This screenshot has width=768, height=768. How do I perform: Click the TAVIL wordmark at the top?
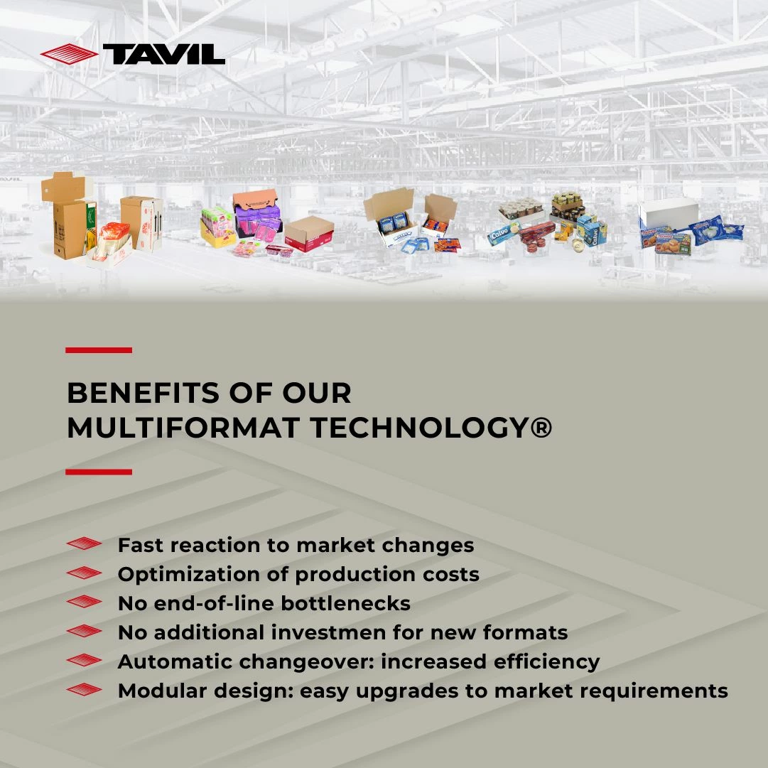(163, 54)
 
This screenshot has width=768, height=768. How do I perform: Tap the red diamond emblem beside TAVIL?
(69, 54)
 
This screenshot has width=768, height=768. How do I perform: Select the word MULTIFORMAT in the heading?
(183, 428)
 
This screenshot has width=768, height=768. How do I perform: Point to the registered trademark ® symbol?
(541, 428)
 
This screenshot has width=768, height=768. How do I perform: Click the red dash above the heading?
(99, 350)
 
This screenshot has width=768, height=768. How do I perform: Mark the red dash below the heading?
(99, 472)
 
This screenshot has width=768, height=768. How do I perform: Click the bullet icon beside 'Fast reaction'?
(85, 543)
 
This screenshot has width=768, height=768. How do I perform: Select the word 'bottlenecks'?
(345, 603)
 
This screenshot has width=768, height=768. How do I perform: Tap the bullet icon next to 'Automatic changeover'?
(85, 660)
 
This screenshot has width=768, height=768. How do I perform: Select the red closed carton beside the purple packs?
(310, 234)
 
